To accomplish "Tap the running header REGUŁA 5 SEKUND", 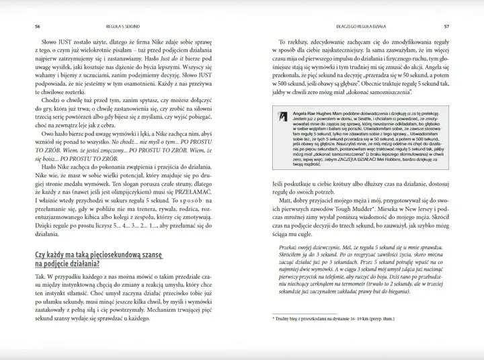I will coord(122,7).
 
